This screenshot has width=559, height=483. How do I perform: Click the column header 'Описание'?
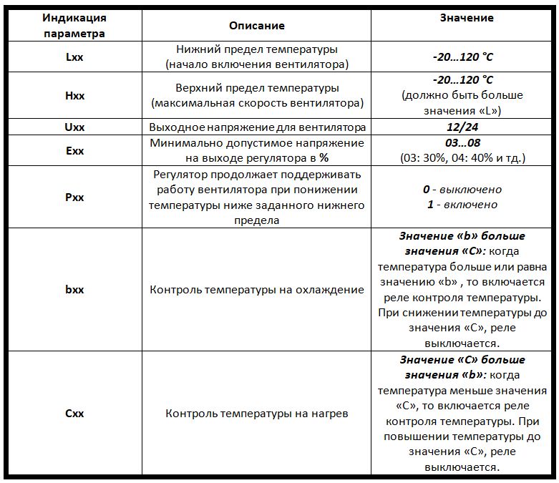(256, 26)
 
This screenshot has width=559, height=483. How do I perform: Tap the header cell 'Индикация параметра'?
(74, 26)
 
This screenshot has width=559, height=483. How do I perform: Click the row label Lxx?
(74, 57)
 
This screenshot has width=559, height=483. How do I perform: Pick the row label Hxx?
(74, 96)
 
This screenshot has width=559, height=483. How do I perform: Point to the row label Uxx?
(74, 127)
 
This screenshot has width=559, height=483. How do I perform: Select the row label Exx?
(74, 150)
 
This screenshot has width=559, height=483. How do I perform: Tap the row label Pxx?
(74, 197)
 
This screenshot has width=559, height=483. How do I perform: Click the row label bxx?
(74, 290)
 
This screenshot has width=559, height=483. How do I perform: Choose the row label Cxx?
(74, 414)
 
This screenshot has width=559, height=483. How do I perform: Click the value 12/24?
(462, 127)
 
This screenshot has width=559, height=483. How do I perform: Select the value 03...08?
(462, 143)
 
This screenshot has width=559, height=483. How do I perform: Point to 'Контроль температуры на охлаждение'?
(256, 290)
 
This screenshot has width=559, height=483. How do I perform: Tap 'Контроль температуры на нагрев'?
(256, 414)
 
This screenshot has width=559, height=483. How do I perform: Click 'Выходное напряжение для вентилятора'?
(256, 127)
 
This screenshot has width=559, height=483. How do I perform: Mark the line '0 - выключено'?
(462, 190)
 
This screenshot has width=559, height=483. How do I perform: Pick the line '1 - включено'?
(462, 205)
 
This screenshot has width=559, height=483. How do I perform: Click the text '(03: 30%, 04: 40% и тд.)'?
(462, 157)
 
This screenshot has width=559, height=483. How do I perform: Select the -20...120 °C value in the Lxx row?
(462, 57)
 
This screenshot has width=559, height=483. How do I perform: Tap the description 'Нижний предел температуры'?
(256, 50)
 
